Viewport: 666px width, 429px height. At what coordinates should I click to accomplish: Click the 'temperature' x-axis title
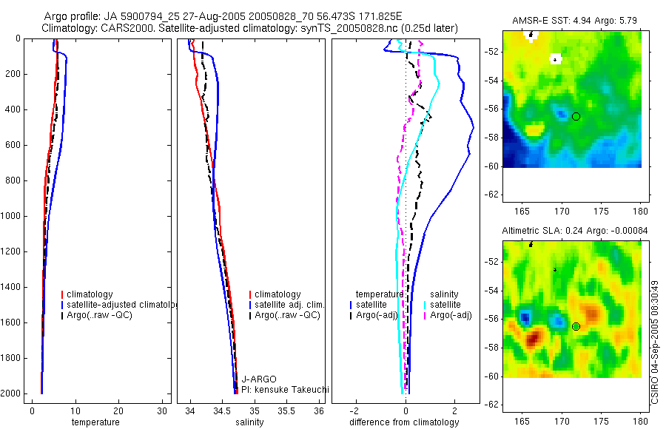tap(95, 422)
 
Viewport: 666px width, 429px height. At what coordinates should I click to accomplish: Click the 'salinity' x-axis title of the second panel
tap(249, 422)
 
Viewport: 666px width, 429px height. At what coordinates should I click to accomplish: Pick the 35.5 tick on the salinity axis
tap(287, 411)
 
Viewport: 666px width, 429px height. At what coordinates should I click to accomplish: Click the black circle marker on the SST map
tap(576, 117)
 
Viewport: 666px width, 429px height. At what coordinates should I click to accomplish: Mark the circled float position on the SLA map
tap(576, 326)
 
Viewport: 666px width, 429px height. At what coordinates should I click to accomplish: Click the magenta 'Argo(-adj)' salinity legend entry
tap(451, 315)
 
